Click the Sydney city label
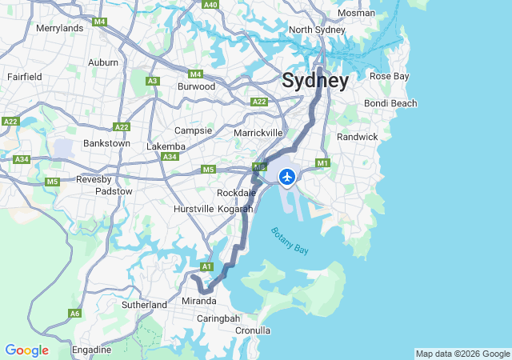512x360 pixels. (x=314, y=81)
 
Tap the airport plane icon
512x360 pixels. (x=287, y=176)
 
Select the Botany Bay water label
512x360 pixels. (x=290, y=241)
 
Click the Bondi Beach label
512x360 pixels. (x=390, y=103)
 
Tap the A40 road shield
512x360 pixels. (x=210, y=5)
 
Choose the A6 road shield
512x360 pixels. (x=75, y=314)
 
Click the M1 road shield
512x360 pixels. (x=323, y=163)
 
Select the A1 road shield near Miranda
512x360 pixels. (x=206, y=266)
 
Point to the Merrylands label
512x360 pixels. (x=60, y=28)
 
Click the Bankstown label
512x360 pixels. (x=106, y=144)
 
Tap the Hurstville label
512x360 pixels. (x=194, y=209)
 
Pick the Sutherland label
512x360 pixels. (x=144, y=305)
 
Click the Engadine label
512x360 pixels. (x=92, y=350)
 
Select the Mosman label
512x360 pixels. (x=356, y=13)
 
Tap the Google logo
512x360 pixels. (x=26, y=350)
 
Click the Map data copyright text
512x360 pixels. (x=462, y=354)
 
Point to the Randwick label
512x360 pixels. (x=357, y=137)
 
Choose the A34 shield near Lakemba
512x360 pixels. (x=170, y=157)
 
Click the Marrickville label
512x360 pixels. (x=258, y=132)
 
